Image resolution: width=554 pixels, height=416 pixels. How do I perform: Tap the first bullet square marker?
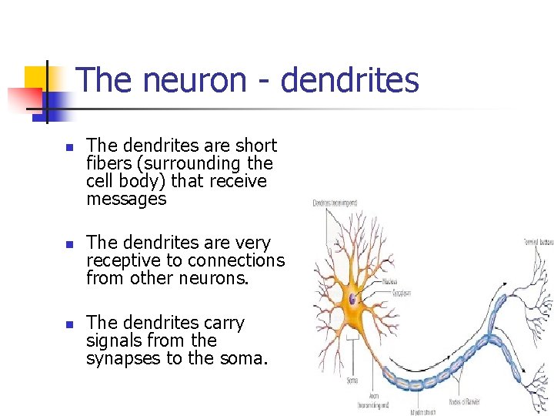68,146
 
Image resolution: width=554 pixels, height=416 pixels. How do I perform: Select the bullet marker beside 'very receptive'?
68,243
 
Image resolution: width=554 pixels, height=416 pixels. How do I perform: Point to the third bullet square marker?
68,324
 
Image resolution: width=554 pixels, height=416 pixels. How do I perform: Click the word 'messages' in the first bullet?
126,199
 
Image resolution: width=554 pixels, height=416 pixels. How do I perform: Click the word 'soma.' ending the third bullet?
247,358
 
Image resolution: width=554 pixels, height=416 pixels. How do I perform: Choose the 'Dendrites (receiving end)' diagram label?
335,203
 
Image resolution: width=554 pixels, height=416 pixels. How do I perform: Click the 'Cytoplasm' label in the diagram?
393,294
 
